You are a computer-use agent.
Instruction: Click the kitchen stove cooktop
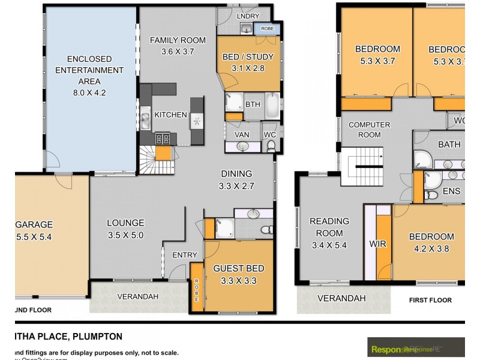pos(162,139)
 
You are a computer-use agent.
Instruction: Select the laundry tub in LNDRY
pos(246,29)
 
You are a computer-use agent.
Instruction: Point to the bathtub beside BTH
pos(272,106)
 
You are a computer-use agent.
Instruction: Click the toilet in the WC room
pos(270,145)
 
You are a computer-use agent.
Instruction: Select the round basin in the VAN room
pos(242,146)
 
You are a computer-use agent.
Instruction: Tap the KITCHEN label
pos(170,115)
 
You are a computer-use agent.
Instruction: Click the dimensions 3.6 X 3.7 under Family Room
pos(178,52)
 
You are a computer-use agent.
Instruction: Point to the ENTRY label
pos(185,256)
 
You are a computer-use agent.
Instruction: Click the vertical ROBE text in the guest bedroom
pos(196,290)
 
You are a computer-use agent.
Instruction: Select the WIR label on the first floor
pos(377,245)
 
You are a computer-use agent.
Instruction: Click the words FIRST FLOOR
pos(430,300)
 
